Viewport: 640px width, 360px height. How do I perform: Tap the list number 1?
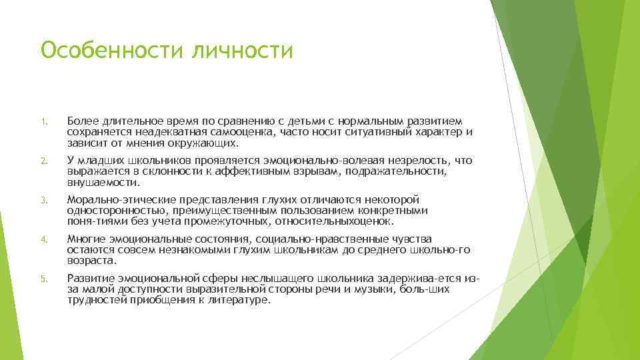click(x=41, y=122)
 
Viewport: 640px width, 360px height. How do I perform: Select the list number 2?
click(x=41, y=161)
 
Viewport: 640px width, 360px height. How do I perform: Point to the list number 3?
click(x=41, y=200)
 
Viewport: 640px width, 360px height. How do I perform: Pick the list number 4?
click(x=41, y=239)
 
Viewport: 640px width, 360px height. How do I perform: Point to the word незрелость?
click(x=411, y=160)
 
